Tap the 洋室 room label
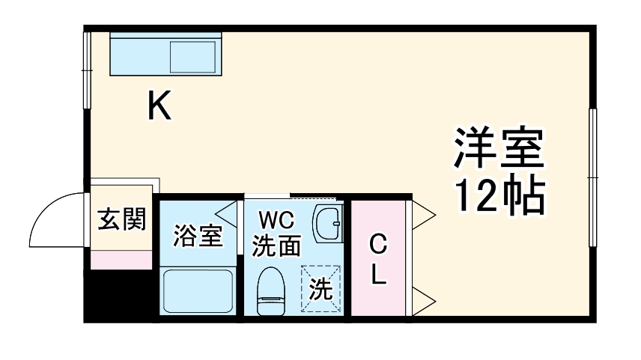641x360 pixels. click(x=498, y=149)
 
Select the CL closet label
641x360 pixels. click(x=378, y=260)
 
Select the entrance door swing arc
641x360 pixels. click(x=56, y=217)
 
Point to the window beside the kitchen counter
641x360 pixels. click(x=87, y=55)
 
